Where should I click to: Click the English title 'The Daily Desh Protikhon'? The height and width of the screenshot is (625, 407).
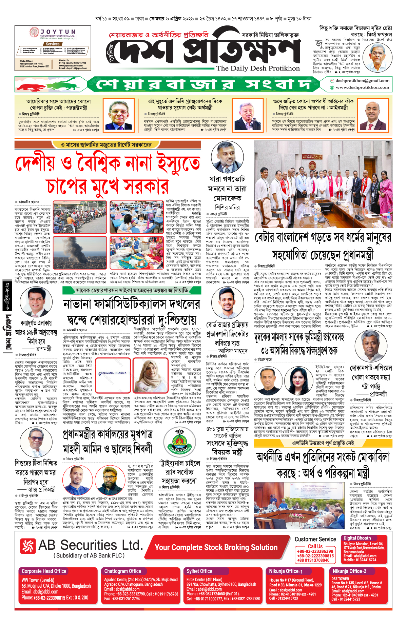pos(258,68)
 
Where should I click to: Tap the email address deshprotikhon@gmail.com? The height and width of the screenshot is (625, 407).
pos(362,81)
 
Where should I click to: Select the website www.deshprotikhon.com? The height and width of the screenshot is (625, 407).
pos(362,87)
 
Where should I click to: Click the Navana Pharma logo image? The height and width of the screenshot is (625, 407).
pos(113,373)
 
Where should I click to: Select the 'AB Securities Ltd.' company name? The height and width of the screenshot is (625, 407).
pos(91,545)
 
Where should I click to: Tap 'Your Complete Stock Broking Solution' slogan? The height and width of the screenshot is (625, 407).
pos(216,547)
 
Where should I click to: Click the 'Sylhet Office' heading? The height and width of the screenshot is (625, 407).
pos(199,571)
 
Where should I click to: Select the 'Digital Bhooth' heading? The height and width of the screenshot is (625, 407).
pos(357,538)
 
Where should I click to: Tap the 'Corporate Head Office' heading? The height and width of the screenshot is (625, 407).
pos(44,571)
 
